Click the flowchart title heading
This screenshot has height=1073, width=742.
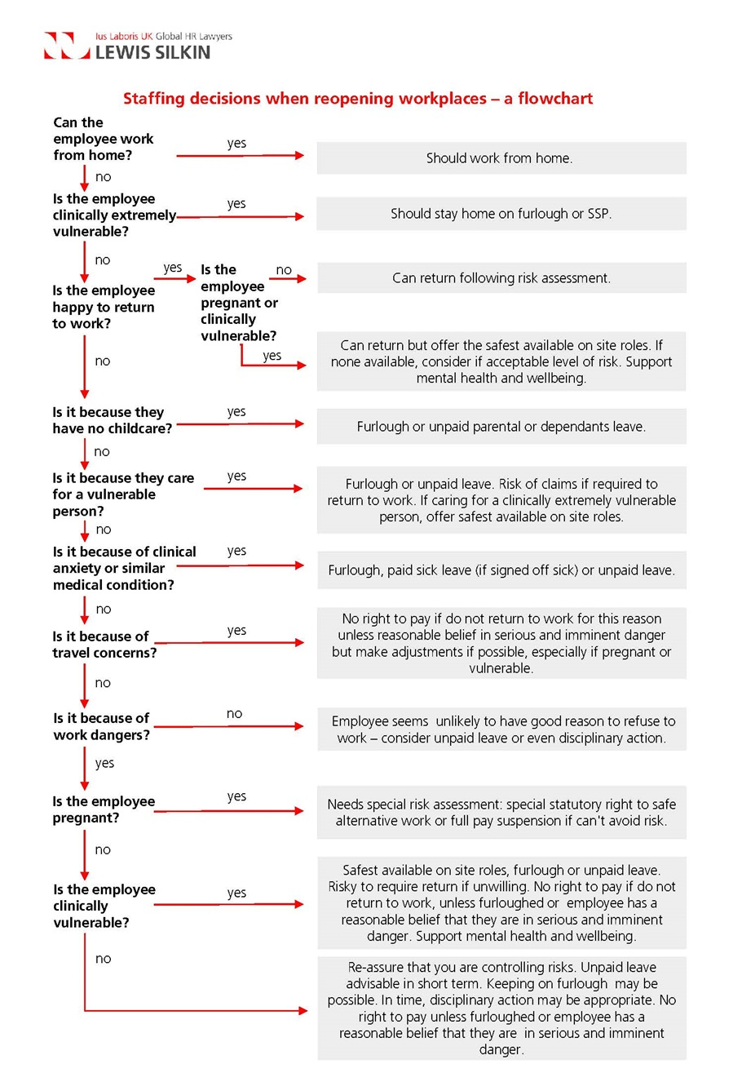358,99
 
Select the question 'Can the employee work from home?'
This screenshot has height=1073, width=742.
103,139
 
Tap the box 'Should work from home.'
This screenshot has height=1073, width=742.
501,158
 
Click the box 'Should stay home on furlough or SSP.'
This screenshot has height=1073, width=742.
501,214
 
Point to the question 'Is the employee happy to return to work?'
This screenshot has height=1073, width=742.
104,307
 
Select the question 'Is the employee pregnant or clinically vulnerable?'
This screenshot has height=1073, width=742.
238,302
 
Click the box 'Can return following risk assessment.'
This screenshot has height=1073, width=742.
501,277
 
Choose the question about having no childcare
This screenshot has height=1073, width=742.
113,419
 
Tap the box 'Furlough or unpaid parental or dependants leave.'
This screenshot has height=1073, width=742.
501,426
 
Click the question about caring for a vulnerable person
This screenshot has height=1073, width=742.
123,494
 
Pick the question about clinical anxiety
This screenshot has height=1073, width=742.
124,568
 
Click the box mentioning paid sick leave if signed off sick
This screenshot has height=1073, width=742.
501,570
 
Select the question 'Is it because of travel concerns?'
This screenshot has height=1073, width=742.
104,645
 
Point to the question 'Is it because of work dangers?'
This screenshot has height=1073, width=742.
102,726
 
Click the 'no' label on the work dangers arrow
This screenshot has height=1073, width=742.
234,714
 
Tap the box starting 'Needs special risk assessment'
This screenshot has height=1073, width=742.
501,813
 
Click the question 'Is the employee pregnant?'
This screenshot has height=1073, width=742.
104,809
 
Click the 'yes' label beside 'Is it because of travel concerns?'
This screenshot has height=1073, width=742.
236,631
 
